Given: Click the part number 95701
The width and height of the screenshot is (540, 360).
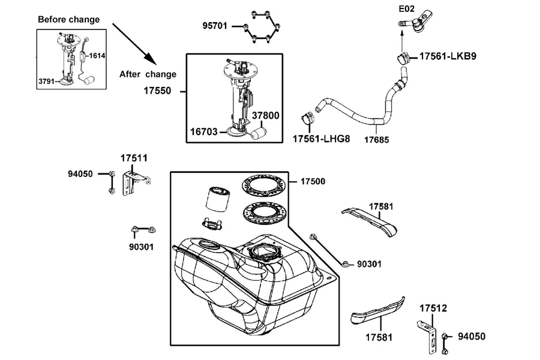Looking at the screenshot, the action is click(215, 26).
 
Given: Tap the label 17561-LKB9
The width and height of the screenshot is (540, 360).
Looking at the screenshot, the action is click(448, 56).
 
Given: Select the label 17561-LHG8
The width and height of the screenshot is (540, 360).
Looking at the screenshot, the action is click(322, 139).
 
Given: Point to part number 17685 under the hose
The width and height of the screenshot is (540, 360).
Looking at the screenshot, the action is click(376, 140).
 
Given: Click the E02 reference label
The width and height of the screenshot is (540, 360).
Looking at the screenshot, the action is click(407, 8).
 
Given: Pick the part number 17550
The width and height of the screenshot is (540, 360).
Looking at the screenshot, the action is click(157, 91).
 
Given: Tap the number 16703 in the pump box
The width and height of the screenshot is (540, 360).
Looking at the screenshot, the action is click(204, 131).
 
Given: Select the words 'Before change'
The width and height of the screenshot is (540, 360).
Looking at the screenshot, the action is click(69, 19).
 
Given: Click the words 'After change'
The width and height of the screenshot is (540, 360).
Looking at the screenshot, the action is click(148, 74).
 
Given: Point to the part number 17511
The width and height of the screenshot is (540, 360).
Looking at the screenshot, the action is click(134, 158).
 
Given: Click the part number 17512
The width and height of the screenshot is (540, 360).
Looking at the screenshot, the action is click(433, 308).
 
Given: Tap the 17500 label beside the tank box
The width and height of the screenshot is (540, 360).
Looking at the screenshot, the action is click(313, 181).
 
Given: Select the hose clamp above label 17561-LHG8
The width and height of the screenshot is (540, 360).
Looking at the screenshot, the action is click(308, 118).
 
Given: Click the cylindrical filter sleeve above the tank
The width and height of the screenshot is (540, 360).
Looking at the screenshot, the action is click(217, 199).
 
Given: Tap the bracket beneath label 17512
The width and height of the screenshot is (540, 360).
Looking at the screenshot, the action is click(428, 337).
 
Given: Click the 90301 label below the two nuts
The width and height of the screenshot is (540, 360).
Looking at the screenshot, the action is click(142, 247).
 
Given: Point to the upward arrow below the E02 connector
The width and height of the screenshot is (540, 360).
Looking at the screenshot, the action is click(402, 40).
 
